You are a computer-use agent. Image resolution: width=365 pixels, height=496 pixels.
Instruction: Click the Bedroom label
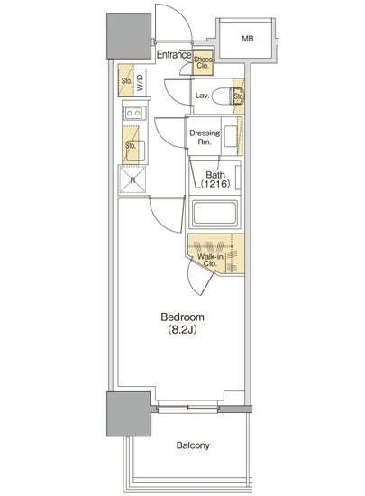click(x=182, y=317)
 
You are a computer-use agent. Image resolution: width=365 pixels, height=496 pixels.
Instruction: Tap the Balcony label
click(x=193, y=445)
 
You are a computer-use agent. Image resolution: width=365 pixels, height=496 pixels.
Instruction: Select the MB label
click(x=248, y=39)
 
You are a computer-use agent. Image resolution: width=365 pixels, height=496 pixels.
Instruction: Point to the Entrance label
click(x=174, y=55)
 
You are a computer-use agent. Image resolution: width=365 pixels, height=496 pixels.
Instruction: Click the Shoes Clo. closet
click(x=203, y=62)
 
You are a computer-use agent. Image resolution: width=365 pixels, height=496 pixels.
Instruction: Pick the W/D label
click(x=140, y=83)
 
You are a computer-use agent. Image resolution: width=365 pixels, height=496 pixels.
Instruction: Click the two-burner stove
click(x=135, y=113)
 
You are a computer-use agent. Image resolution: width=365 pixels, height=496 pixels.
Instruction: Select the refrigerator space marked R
click(x=132, y=179)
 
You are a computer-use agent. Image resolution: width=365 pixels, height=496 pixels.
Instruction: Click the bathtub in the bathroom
click(x=214, y=213)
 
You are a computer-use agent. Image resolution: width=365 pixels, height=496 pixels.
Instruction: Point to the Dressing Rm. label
click(x=205, y=137)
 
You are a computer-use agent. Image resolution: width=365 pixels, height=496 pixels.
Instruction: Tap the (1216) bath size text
click(x=215, y=183)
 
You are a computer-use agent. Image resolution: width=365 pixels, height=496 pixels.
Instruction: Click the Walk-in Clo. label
click(x=210, y=260)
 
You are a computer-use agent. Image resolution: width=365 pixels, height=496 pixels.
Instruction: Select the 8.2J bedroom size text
click(x=182, y=330)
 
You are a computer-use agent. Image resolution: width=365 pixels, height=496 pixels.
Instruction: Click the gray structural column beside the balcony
click(x=129, y=414)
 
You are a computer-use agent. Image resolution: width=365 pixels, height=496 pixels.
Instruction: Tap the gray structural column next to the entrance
click(x=129, y=36)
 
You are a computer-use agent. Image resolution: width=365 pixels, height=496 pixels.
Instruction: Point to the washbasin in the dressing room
click(x=231, y=136)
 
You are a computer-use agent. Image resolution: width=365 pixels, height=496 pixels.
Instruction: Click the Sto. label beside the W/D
click(x=126, y=81)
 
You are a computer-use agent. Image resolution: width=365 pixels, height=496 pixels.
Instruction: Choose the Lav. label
click(x=202, y=96)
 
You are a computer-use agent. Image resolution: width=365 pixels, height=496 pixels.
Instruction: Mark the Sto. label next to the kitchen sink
click(x=131, y=145)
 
